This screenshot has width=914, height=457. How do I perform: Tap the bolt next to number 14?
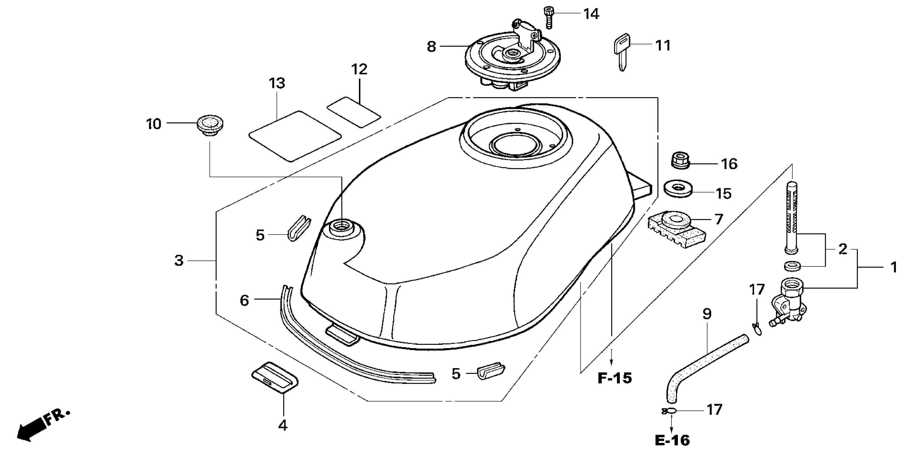click(x=548, y=17)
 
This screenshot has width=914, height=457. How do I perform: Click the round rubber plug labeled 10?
click(x=210, y=125)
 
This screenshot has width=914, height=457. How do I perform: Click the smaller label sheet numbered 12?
click(x=354, y=112)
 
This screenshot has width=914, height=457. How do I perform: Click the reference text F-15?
click(x=615, y=379)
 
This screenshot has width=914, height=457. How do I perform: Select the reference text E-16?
click(x=672, y=441)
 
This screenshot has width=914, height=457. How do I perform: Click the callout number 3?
click(x=179, y=261)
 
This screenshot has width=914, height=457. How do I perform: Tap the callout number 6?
click(x=244, y=300)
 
